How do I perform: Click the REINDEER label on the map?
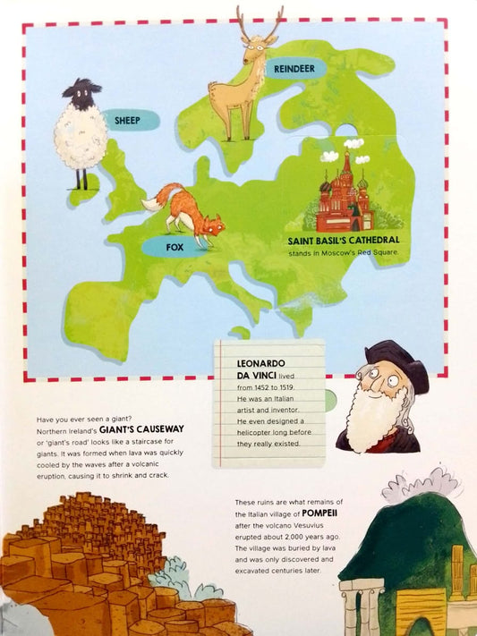coord(294,68)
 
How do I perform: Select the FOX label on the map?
coord(175,246)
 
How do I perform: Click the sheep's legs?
coord(81,179)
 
